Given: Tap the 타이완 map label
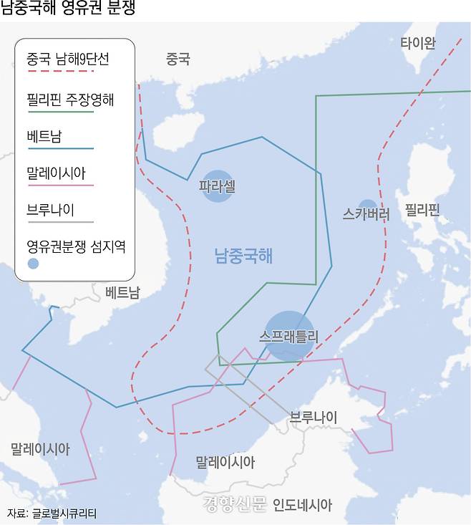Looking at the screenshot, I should point(417,43).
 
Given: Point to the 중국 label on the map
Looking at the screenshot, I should point(178,59).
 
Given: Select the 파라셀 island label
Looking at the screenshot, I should point(217,186).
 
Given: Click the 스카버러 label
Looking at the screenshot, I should point(366,213).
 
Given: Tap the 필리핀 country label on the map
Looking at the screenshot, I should point(422,210).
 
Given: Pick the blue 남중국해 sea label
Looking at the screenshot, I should point(243,255).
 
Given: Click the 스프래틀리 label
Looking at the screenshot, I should point(289,334).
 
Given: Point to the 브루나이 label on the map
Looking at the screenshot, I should point(313,417).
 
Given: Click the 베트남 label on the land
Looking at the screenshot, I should point(122,292).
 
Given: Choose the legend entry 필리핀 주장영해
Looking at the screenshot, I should point(69,100).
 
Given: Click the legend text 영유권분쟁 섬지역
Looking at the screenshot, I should point(75,246).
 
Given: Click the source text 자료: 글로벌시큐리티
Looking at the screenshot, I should point(52,513).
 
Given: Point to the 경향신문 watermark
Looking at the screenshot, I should point(234,504).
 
